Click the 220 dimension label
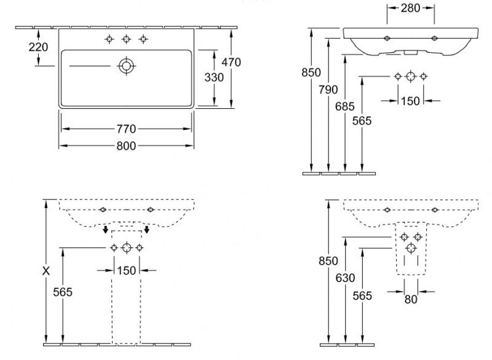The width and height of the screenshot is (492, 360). pyautogui.click(x=39, y=47)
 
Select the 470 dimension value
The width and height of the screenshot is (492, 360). pyautogui.click(x=232, y=62)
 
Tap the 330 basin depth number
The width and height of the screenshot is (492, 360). pyautogui.click(x=215, y=78)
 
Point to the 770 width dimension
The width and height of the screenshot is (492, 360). pyautogui.click(x=127, y=129)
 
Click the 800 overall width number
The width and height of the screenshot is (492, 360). pyautogui.click(x=127, y=146)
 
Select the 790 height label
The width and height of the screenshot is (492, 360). pyautogui.click(x=329, y=90)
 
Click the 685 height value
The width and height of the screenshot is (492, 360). pyautogui.click(x=346, y=106)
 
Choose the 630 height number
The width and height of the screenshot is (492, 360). pyautogui.click(x=346, y=278)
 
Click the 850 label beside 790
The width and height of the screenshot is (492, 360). pyautogui.click(x=312, y=73)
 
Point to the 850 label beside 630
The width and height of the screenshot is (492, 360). pyautogui.click(x=329, y=261)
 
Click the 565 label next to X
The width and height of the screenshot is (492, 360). pyautogui.click(x=63, y=292)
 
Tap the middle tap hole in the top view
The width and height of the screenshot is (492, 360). pyautogui.click(x=126, y=39)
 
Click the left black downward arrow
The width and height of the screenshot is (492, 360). pyautogui.click(x=105, y=231)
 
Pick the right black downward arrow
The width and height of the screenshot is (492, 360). pyautogui.click(x=147, y=231)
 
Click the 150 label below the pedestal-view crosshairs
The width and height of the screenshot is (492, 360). pyautogui.click(x=127, y=270)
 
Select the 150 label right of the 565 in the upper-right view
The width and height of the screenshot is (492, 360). pyautogui.click(x=410, y=100)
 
